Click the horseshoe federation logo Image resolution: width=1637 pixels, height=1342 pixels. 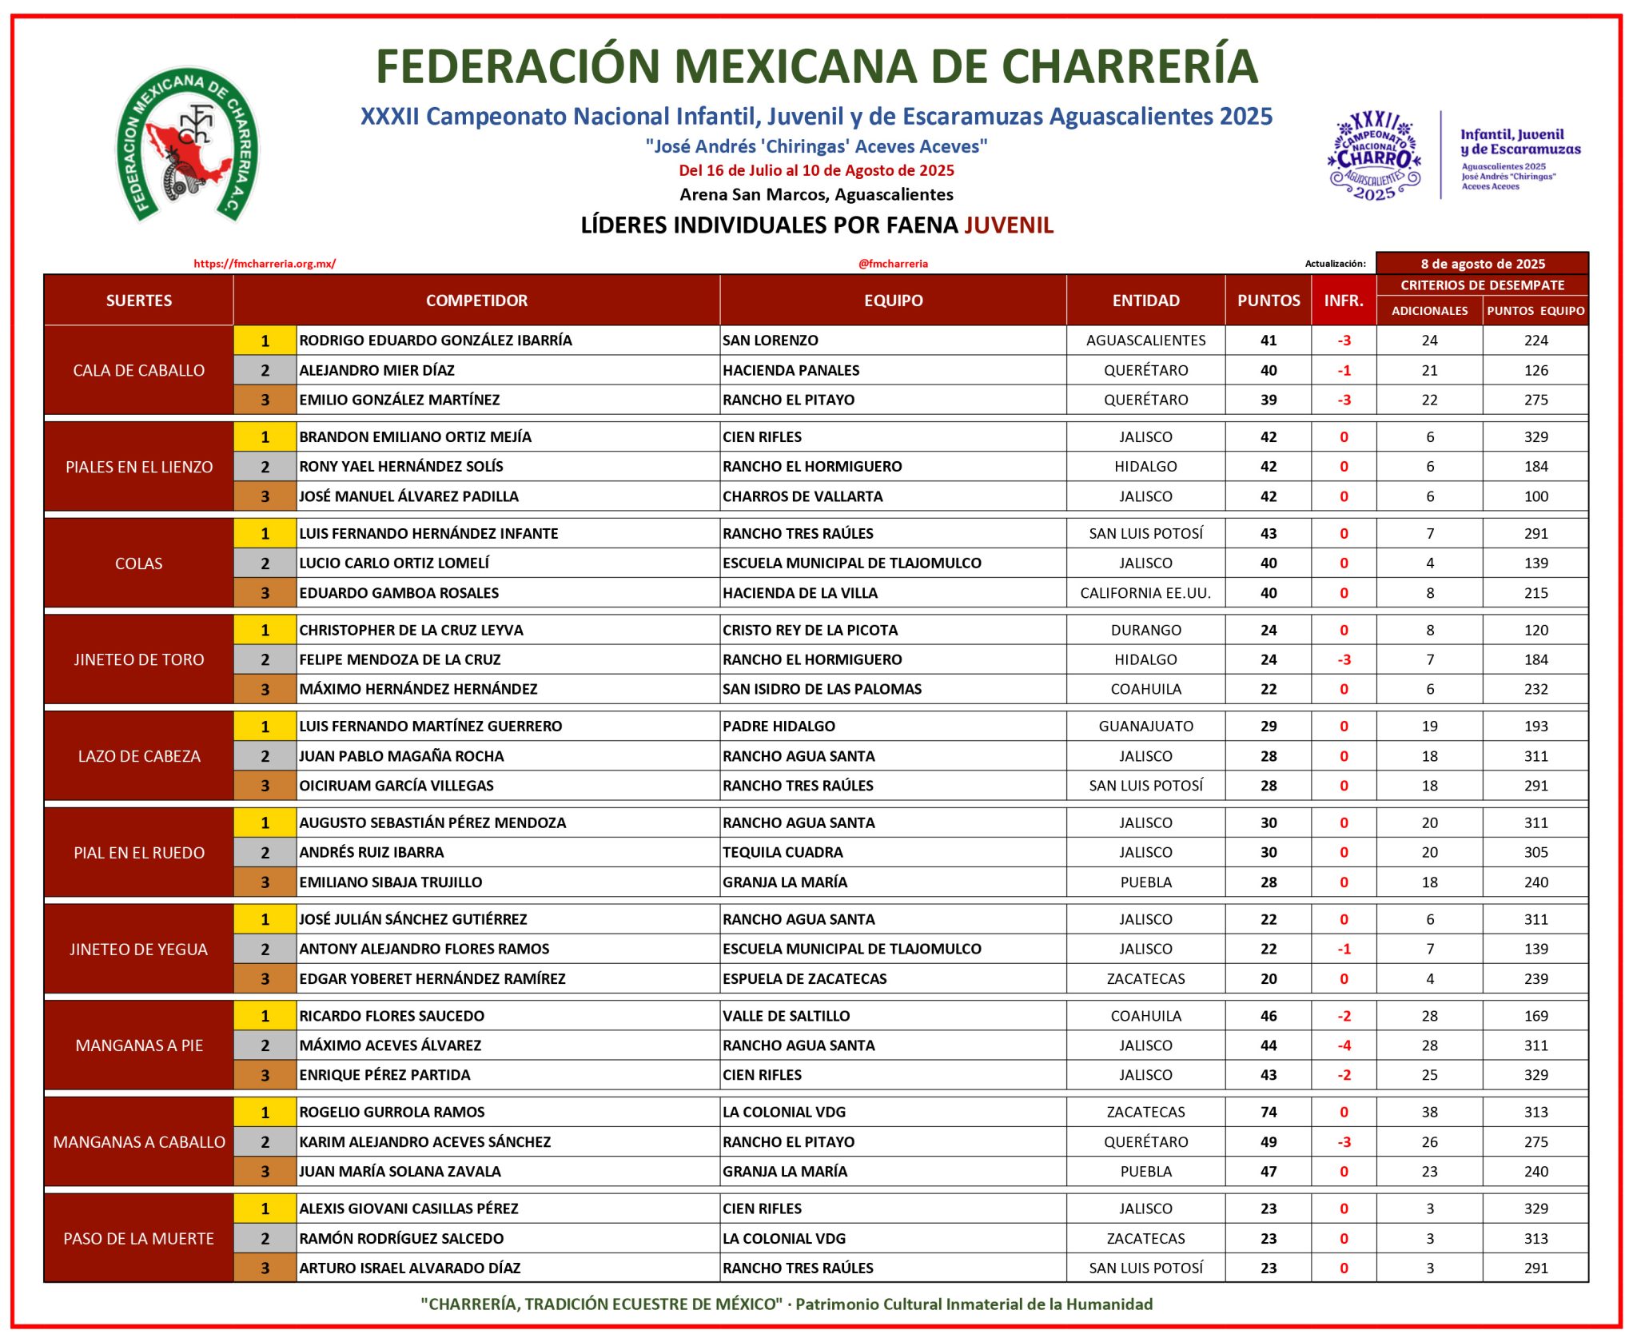[x=187, y=144]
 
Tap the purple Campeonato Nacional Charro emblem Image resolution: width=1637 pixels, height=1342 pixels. [x=1374, y=156]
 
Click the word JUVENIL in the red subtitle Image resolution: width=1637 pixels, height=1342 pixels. [x=1009, y=225]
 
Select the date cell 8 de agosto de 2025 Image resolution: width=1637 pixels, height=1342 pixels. [x=1482, y=264]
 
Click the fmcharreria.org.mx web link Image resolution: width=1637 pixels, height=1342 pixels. [x=265, y=264]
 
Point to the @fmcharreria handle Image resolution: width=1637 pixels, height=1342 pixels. [x=893, y=264]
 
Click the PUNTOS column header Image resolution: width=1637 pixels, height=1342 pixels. [x=1269, y=301]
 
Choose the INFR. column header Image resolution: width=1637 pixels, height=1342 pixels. [x=1344, y=301]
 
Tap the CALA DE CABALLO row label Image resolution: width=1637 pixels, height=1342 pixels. [x=139, y=370]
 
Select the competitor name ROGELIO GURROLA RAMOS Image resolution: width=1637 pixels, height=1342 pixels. [x=392, y=1112]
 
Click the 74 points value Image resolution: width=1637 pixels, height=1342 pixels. [x=1269, y=1112]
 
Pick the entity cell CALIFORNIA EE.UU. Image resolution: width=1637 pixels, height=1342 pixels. [x=1145, y=593]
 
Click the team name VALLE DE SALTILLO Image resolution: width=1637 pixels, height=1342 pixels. [x=787, y=1016]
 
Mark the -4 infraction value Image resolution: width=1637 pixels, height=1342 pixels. [x=1344, y=1045]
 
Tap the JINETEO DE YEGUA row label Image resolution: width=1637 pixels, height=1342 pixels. [x=139, y=950]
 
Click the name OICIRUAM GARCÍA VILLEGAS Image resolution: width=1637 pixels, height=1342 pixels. [x=396, y=786]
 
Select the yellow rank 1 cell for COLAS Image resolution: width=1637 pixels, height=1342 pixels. [x=265, y=534]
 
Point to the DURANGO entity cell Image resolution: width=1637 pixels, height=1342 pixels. [x=1145, y=630]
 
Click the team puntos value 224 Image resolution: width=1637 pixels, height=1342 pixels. [x=1535, y=340]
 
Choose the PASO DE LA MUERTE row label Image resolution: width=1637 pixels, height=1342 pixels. [x=139, y=1239]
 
